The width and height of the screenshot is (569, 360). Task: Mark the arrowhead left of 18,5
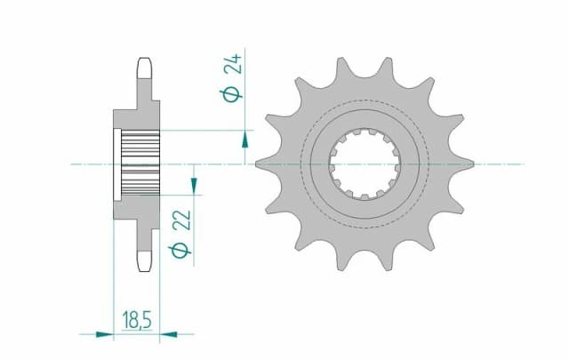104,335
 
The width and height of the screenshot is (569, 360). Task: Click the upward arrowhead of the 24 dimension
245,139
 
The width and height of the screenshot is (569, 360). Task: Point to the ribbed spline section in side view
140,164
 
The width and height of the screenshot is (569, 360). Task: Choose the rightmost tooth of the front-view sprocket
470,164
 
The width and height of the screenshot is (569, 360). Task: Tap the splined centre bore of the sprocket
365,164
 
